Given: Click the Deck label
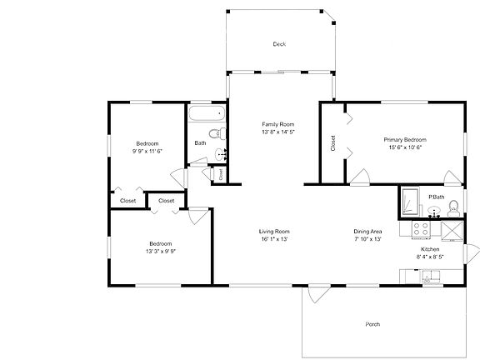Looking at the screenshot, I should point(279,44).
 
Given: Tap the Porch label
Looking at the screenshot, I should point(372,324).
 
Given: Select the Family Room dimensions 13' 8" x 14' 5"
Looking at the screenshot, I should point(278,132).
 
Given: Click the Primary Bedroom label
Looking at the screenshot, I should point(405,139).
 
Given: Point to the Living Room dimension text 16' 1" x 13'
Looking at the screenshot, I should point(273,239).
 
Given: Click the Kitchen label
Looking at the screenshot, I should point(429,249).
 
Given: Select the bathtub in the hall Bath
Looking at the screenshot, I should point(203,114).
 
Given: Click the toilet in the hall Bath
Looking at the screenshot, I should point(214,133).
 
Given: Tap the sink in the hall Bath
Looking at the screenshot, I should point(220,152).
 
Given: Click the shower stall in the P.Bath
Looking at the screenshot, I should point(411,202).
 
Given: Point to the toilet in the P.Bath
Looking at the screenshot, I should point(452,206).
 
